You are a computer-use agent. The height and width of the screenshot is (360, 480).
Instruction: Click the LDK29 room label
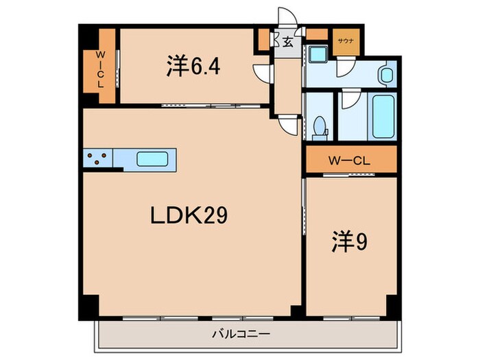point(189,216)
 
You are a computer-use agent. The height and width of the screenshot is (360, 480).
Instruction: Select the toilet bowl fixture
point(319,126)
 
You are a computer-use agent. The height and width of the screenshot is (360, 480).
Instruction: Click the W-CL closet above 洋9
point(350,162)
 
